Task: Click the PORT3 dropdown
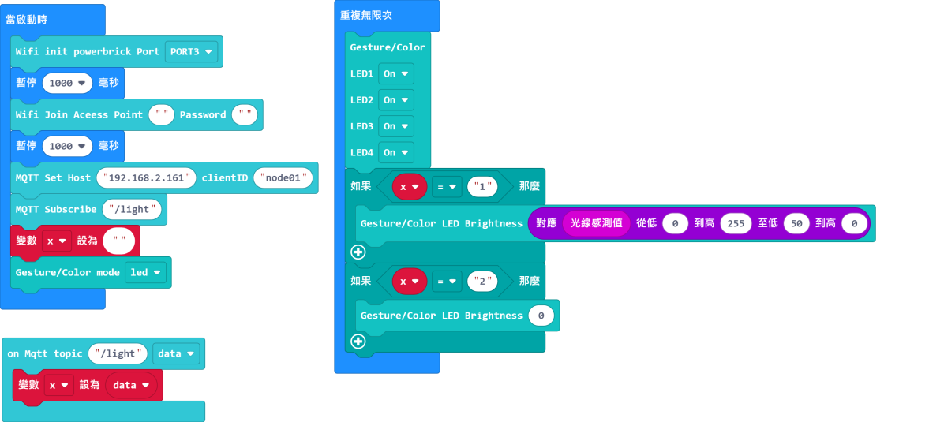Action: [x=191, y=52]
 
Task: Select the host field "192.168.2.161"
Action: [x=146, y=177]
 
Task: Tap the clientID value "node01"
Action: [x=283, y=177]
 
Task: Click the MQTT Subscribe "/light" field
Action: [x=132, y=210]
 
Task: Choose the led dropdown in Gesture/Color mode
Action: [x=145, y=273]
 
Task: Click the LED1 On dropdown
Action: [x=396, y=73]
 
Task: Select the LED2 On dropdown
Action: [x=396, y=100]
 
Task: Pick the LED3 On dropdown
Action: [x=396, y=126]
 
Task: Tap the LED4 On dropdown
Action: [x=396, y=153]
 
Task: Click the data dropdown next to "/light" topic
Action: [x=176, y=354]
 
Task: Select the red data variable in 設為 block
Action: [x=131, y=385]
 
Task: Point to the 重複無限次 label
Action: [x=366, y=15]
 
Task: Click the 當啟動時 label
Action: [x=27, y=19]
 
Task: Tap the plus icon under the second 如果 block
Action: [x=358, y=342]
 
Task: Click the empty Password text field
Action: [x=245, y=115]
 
